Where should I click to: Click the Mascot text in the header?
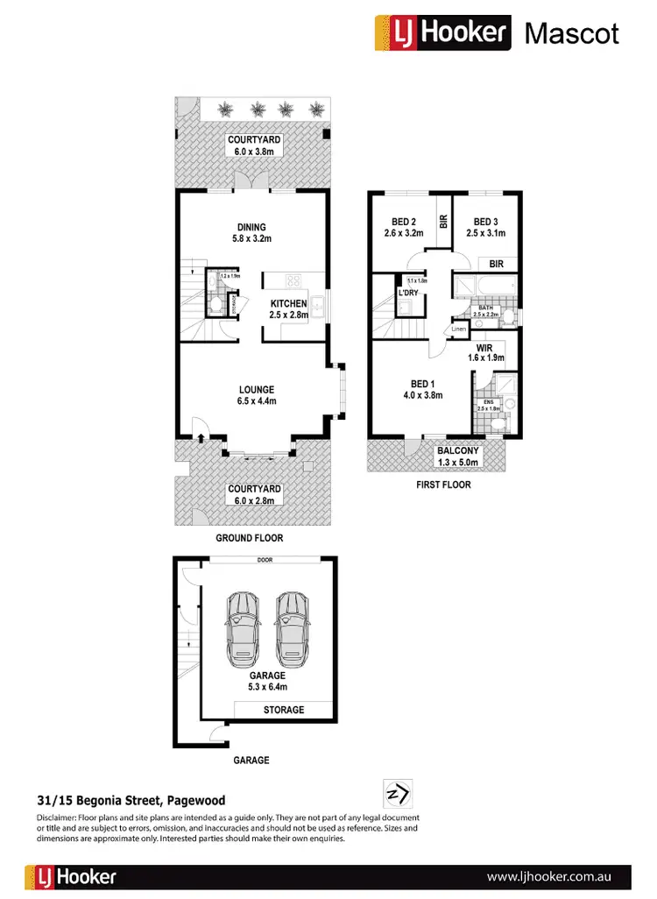click(571, 33)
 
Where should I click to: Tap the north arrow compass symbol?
click(398, 794)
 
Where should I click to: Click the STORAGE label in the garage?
click(284, 710)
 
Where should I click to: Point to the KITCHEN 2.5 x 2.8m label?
click(288, 309)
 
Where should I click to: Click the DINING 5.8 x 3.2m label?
click(251, 233)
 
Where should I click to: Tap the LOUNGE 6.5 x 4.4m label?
click(257, 395)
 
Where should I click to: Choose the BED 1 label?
click(421, 389)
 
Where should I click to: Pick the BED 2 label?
click(404, 228)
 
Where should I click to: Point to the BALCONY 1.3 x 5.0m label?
click(458, 457)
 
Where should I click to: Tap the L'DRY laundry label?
click(407, 294)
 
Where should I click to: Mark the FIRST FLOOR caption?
click(443, 485)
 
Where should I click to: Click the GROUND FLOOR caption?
click(251, 538)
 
